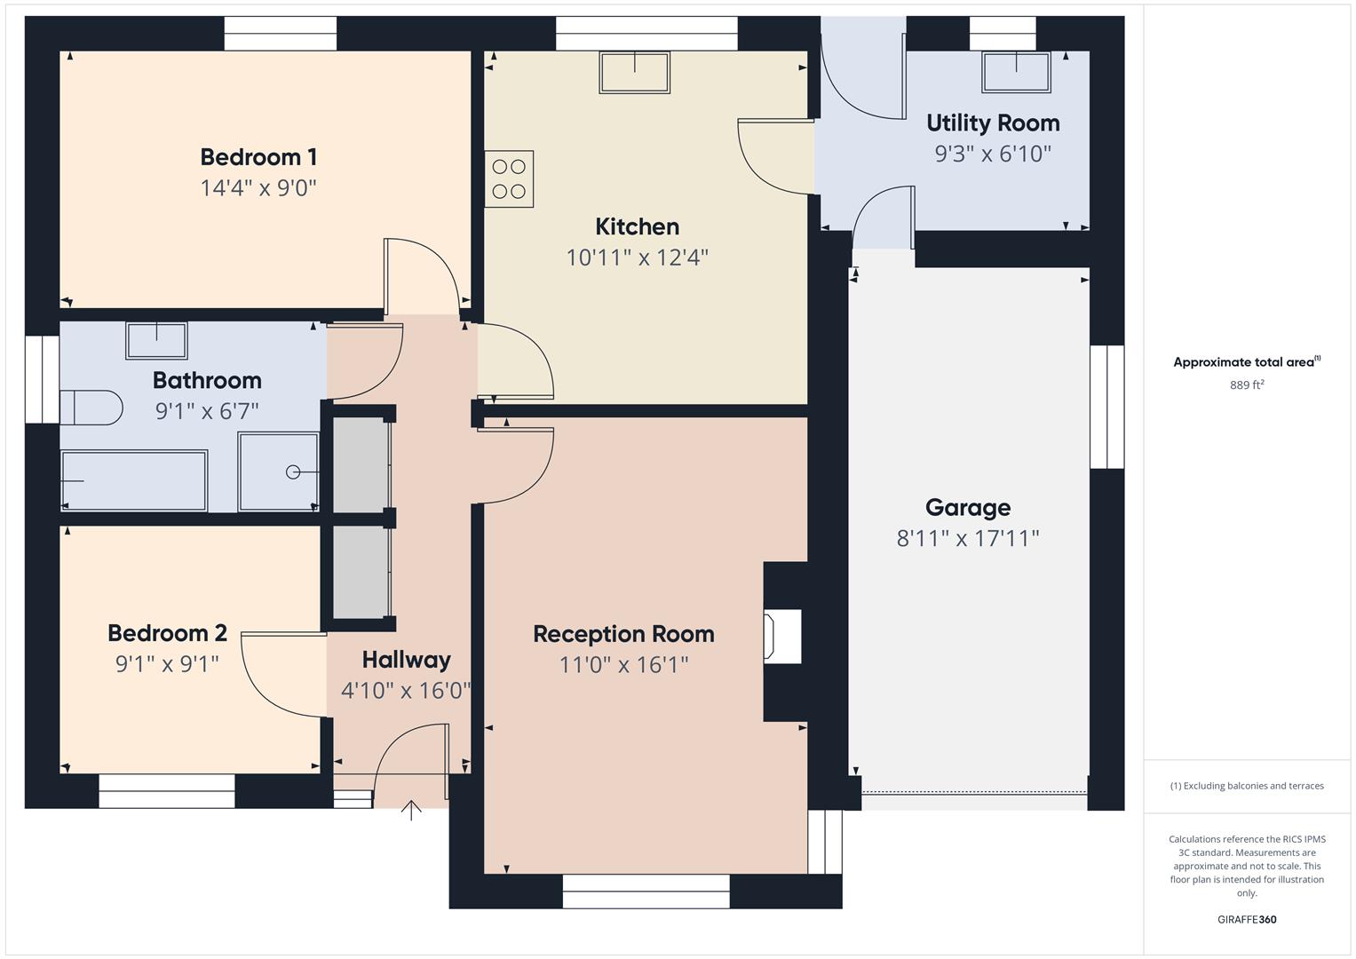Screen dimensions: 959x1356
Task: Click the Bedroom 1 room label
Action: pyautogui.click(x=258, y=157)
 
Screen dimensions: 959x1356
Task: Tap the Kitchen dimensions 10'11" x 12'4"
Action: pyautogui.click(x=637, y=258)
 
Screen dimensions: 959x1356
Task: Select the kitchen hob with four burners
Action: pyautogui.click(x=509, y=179)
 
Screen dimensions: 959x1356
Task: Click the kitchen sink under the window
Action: pyautogui.click(x=634, y=72)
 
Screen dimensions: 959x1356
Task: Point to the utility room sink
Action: pyautogui.click(x=1016, y=72)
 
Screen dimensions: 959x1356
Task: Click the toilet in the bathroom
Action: pyautogui.click(x=91, y=408)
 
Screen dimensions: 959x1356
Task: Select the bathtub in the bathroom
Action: pyautogui.click(x=134, y=480)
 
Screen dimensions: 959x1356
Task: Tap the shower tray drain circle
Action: pyautogui.click(x=293, y=472)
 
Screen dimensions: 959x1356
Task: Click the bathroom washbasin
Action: pyautogui.click(x=156, y=340)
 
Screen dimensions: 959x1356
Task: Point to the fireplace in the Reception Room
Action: pyautogui.click(x=782, y=636)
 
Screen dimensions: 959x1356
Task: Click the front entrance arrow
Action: pyautogui.click(x=411, y=810)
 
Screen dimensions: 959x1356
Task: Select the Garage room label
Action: pyautogui.click(x=967, y=507)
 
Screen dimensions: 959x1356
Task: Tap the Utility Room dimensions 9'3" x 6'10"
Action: pyautogui.click(x=992, y=154)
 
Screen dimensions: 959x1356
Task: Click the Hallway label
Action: pyautogui.click(x=406, y=660)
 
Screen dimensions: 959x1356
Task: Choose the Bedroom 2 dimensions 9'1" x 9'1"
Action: pyautogui.click(x=167, y=664)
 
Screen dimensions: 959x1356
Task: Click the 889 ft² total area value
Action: pyautogui.click(x=1246, y=384)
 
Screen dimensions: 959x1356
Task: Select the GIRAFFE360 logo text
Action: pyautogui.click(x=1246, y=919)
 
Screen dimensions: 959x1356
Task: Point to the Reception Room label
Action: pyautogui.click(x=623, y=634)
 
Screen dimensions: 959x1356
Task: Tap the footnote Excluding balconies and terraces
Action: pyautogui.click(x=1246, y=786)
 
